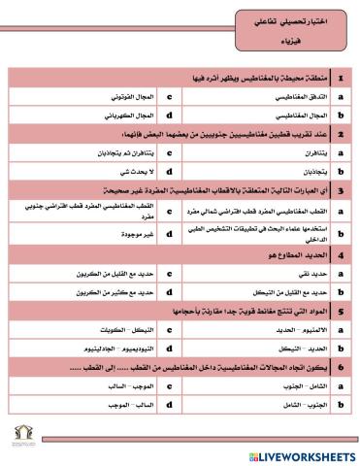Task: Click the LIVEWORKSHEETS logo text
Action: [x=300, y=454]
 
